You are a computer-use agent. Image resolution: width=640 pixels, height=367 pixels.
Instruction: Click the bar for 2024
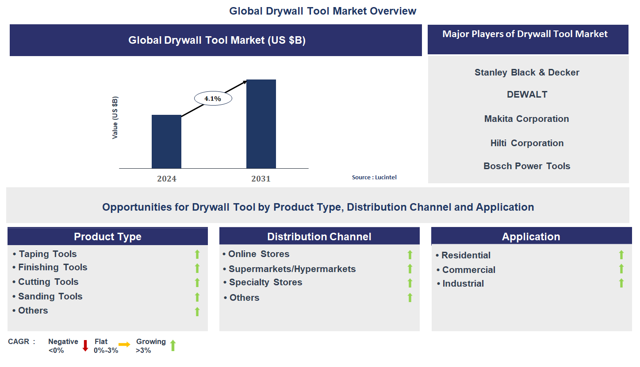[x=166, y=142]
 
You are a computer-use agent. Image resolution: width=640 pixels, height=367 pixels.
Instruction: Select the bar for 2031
[x=261, y=124]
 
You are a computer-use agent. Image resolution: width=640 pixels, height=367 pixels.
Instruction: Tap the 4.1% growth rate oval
[x=213, y=99]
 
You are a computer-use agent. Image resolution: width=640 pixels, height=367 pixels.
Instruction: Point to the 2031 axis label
[x=261, y=179]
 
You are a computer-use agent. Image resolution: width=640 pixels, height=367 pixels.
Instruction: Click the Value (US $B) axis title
[x=115, y=117]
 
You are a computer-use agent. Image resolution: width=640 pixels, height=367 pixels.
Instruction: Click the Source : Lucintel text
[x=374, y=177]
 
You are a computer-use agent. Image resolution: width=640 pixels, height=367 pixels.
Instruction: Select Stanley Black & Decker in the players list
[x=527, y=72]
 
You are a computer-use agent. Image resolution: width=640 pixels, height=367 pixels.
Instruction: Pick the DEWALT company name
[x=527, y=95]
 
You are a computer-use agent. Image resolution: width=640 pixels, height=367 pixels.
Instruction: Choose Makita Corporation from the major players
[x=526, y=119]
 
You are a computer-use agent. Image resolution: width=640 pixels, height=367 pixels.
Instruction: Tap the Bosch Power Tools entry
[x=527, y=166]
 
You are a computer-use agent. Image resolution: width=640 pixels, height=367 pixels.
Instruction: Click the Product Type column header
[x=107, y=237]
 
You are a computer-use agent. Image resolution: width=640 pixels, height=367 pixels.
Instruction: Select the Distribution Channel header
[x=319, y=237]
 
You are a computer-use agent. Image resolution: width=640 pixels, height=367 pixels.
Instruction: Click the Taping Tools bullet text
[x=47, y=254]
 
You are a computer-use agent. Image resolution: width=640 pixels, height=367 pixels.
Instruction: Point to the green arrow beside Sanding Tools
[x=197, y=297]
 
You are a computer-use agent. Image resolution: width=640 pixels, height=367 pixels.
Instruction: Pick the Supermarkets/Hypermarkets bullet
[x=291, y=269]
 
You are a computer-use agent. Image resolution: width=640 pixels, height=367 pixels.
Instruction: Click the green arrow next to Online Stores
[x=410, y=255]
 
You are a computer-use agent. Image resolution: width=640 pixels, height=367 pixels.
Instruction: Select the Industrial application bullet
[x=463, y=284]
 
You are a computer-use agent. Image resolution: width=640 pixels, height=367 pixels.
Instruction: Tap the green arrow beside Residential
[x=621, y=255]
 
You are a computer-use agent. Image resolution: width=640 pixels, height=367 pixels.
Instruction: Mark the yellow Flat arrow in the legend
[x=124, y=345]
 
